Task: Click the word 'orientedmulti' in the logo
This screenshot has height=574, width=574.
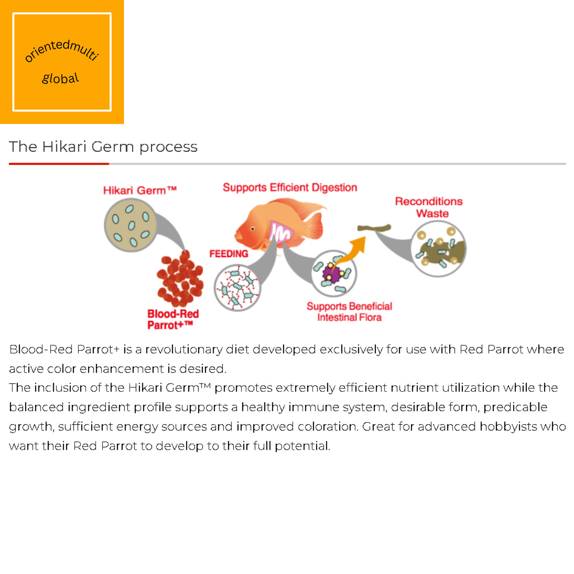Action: [62, 50]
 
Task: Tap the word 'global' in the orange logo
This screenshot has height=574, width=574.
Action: [60, 78]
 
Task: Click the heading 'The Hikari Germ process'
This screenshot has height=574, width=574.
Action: [103, 147]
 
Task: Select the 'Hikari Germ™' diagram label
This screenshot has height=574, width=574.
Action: [140, 190]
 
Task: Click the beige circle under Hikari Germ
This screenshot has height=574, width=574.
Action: [130, 225]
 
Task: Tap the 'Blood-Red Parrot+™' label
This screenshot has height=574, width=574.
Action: [173, 320]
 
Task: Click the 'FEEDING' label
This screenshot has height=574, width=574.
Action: [228, 254]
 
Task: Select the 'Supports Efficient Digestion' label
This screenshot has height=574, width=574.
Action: [290, 188]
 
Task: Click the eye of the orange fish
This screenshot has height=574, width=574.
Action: [253, 229]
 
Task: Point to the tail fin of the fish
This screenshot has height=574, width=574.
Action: [315, 226]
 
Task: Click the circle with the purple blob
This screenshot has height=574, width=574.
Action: [334, 273]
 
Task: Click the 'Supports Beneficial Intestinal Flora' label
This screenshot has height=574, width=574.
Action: [349, 311]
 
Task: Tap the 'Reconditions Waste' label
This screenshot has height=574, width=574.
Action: [429, 207]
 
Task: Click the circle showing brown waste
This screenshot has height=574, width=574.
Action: [439, 249]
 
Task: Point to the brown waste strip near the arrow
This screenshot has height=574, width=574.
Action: [374, 228]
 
